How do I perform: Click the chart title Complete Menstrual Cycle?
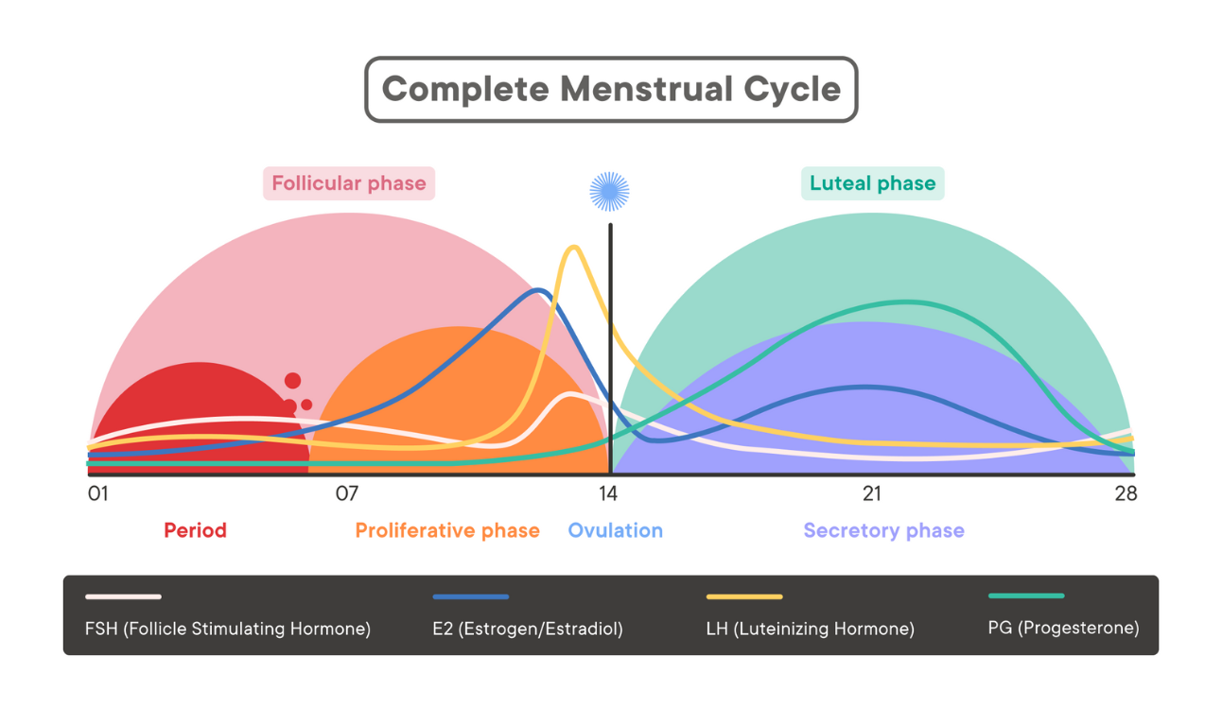[x=611, y=90]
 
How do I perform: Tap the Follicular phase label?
[x=349, y=183]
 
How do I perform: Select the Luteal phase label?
[x=872, y=183]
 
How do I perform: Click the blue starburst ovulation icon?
[x=610, y=191]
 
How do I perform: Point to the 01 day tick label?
[x=98, y=493]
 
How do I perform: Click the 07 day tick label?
[x=347, y=493]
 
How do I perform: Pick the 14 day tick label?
[x=607, y=493]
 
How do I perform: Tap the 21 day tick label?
[x=871, y=493]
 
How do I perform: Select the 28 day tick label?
[x=1126, y=493]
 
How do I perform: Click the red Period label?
[x=195, y=530]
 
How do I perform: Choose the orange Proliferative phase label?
[x=447, y=530]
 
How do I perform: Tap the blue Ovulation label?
[x=615, y=530]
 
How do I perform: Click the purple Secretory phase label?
[x=883, y=530]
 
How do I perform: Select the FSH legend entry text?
[x=228, y=629]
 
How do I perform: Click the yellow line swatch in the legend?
[x=744, y=597]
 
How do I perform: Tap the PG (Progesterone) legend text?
[x=1063, y=628]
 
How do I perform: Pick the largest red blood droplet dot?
[x=292, y=381]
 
